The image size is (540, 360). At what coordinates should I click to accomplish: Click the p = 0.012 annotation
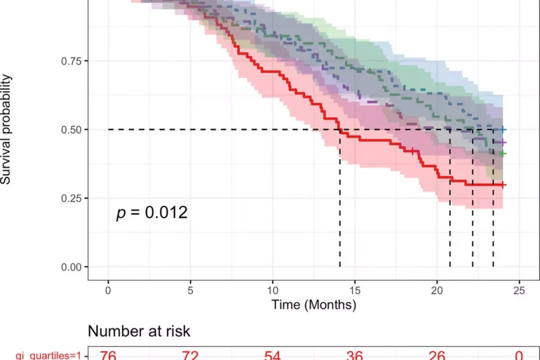click(151, 212)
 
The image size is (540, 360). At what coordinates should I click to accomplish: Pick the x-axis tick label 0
click(108, 291)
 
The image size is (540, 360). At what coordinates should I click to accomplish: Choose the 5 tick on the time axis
click(190, 291)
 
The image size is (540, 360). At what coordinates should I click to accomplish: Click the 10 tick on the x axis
click(272, 291)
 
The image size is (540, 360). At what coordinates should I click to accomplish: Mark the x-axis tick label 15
click(355, 291)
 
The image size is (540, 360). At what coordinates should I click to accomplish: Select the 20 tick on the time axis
click(437, 291)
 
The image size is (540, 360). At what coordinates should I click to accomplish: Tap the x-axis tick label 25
click(519, 291)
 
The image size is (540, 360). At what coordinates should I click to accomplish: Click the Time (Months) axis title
click(313, 305)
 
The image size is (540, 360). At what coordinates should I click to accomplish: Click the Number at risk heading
click(139, 331)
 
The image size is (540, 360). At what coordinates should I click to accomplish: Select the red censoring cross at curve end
click(503, 185)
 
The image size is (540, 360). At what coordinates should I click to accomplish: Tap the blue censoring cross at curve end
click(503, 130)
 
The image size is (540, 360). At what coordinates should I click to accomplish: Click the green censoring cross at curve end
click(503, 153)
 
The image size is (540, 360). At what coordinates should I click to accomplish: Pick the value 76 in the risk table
click(108, 355)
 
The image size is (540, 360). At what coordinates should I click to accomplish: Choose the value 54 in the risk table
click(272, 355)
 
